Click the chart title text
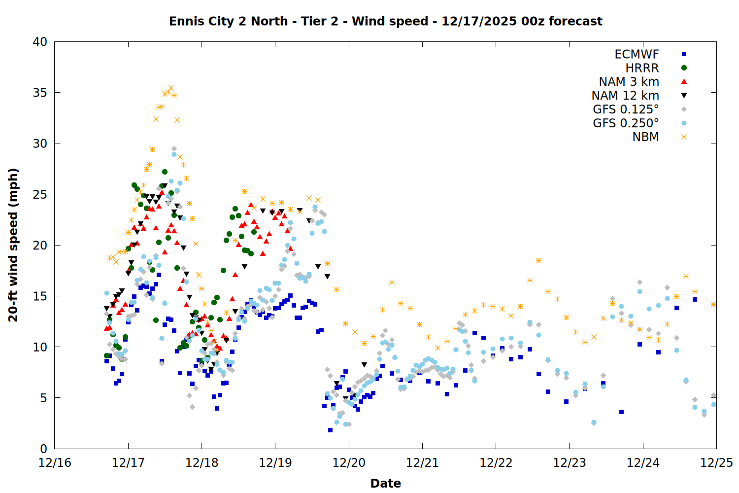[385, 21]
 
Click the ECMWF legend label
[637, 54]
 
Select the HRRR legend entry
[642, 68]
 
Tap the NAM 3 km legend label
[629, 82]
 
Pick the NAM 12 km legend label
[625, 96]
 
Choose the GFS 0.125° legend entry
[626, 109]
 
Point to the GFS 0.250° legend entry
[626, 123]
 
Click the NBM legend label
[645, 137]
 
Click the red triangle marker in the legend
[684, 81]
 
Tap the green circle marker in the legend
[684, 68]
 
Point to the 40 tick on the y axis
[40, 42]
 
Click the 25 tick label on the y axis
[40, 194]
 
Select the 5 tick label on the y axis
[43, 398]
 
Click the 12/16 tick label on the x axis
[55, 463]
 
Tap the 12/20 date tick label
[349, 463]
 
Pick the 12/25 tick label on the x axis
[716, 463]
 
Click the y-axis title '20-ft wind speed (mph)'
[13, 245]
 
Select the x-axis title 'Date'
[385, 483]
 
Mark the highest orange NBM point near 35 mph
[171, 88]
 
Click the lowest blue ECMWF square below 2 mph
[330, 430]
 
